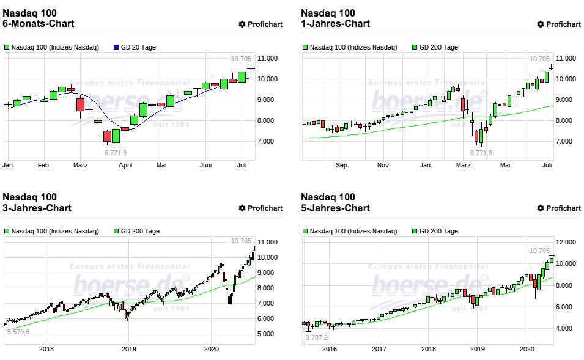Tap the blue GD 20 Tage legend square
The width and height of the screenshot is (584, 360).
[117, 47]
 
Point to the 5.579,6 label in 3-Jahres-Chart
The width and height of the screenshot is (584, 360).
[18, 331]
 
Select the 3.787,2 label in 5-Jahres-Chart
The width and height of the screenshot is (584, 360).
[317, 337]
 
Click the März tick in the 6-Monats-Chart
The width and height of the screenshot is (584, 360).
[80, 165]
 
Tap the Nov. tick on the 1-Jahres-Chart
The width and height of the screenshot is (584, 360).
[383, 165]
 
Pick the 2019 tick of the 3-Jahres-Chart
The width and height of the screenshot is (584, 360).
[128, 349]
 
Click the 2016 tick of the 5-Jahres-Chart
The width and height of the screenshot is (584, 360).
[329, 349]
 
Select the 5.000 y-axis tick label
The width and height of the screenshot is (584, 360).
[269, 334]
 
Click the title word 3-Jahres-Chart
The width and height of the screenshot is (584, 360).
[37, 208]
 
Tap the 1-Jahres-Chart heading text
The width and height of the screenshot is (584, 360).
[336, 24]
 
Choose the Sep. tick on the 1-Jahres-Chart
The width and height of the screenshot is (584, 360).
[342, 165]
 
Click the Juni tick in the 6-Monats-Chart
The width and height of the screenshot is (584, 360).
[205, 165]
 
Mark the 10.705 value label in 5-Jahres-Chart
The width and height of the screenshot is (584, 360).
[539, 251]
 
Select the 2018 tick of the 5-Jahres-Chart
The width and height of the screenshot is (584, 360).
[428, 349]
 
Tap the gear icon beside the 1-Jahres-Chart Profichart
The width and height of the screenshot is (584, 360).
[541, 24]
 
